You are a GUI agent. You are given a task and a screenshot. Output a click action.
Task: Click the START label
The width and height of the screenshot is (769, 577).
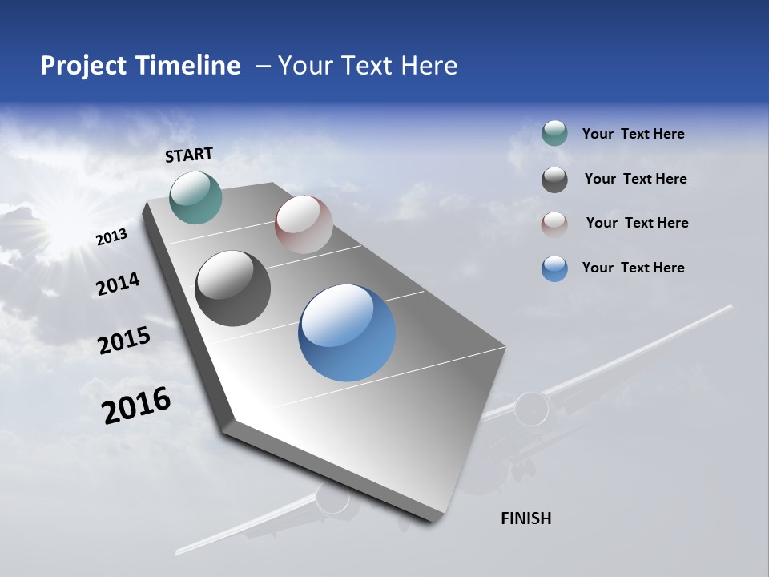pos(189,155)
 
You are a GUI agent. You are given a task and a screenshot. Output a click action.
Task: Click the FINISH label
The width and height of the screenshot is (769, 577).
pos(525,518)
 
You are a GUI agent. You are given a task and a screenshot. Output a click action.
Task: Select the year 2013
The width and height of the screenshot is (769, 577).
pos(112,237)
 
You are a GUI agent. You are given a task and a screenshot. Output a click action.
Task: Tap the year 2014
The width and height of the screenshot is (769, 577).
pos(118,284)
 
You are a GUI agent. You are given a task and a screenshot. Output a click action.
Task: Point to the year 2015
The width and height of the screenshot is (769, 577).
pos(124,341)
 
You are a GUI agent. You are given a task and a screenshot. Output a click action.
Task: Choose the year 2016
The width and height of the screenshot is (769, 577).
pos(136,405)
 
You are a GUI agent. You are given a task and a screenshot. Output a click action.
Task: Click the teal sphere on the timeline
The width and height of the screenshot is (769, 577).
pos(195,197)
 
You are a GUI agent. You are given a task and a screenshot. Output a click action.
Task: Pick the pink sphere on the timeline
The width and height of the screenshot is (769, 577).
pos(304,224)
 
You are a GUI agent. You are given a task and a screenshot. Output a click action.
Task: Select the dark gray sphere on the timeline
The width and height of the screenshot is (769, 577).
pos(232,288)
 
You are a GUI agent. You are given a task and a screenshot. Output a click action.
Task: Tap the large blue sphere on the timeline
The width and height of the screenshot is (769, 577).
pos(347,333)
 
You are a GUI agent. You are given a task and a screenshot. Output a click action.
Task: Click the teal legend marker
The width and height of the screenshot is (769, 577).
pos(554,134)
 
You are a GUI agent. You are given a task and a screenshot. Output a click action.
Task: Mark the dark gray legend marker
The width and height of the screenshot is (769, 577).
pos(554,180)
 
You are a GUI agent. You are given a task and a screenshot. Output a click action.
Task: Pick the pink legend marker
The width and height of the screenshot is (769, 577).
pos(554,224)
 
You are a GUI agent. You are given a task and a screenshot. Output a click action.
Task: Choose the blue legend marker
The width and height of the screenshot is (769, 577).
pos(554,268)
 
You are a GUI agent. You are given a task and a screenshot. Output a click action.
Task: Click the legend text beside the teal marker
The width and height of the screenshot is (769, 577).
pos(633,135)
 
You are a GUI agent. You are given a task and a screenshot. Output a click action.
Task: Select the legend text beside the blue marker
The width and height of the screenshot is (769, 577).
pos(633,268)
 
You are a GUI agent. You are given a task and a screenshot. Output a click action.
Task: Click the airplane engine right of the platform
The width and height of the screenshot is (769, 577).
pos(532,409)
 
